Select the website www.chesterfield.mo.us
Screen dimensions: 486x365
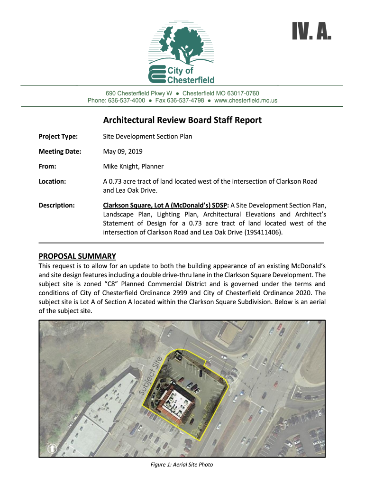click(x=246, y=101)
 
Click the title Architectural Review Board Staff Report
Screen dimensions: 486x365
click(x=182, y=120)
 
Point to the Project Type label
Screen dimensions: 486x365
click(x=58, y=137)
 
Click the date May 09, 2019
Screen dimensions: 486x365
click(x=122, y=151)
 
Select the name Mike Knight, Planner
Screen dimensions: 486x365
click(x=133, y=167)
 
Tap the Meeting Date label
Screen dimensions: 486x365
click(x=60, y=151)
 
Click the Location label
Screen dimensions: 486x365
click(x=52, y=181)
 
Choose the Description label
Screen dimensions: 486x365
click(x=56, y=206)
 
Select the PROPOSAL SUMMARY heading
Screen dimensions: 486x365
click(x=77, y=256)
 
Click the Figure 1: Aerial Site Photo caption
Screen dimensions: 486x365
click(x=182, y=465)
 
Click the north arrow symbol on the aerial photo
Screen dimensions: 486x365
click(x=52, y=448)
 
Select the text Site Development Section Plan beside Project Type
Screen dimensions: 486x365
click(x=147, y=137)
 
